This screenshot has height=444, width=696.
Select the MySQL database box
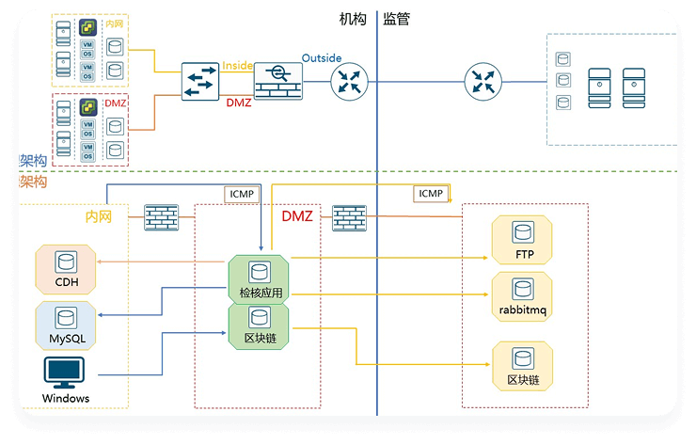[65, 325]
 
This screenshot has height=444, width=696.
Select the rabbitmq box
[522, 296]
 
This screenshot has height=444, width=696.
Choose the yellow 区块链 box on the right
[522, 367]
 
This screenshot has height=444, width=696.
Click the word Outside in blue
[322, 59]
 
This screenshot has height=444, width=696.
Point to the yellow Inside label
[239, 66]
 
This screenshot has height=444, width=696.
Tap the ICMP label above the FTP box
[431, 194]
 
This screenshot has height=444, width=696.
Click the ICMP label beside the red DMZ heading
[240, 194]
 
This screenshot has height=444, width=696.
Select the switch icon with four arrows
[200, 82]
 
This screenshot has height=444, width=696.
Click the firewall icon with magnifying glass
[279, 82]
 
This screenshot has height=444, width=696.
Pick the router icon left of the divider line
[349, 82]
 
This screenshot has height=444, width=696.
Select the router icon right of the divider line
[483, 82]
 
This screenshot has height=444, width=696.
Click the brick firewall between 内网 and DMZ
[161, 218]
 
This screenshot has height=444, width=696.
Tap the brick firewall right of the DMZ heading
[349, 218]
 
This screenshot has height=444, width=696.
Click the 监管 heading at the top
[396, 19]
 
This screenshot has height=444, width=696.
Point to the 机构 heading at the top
[354, 19]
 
